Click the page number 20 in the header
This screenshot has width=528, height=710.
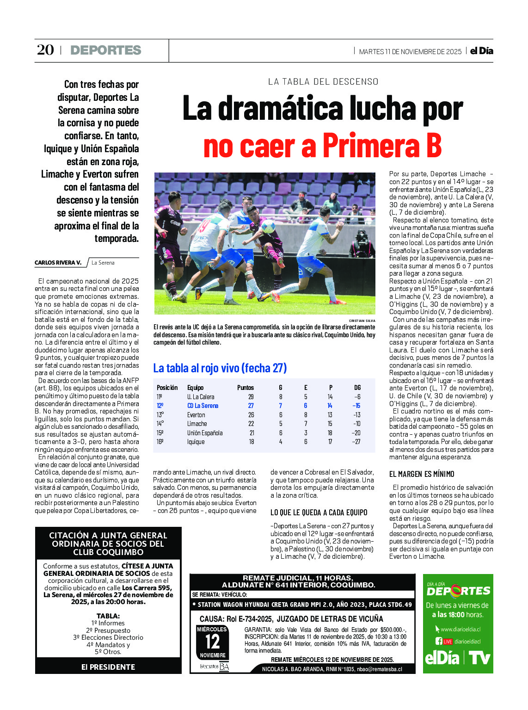click(x=45, y=50)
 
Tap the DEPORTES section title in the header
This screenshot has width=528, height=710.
click(x=106, y=50)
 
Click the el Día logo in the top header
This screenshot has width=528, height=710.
click(x=481, y=51)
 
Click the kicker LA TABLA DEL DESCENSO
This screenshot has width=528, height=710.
click(x=323, y=82)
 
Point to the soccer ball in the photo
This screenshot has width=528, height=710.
click(x=268, y=227)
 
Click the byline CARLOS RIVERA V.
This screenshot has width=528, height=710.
click(x=58, y=263)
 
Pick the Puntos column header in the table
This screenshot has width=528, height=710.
click(x=246, y=388)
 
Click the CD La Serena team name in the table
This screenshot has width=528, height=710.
click(x=203, y=406)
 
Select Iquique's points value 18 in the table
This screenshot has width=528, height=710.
click(x=251, y=442)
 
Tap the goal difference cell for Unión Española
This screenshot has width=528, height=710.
click(x=356, y=433)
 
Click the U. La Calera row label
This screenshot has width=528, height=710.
click(x=201, y=397)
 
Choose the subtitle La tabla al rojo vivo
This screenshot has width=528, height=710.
click(x=220, y=368)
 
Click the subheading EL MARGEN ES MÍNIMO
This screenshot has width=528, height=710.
click(x=422, y=474)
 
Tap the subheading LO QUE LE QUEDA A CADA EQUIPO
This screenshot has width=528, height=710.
click(x=319, y=512)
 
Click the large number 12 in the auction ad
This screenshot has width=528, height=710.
click(x=213, y=642)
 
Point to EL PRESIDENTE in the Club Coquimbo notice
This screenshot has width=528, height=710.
click(x=108, y=667)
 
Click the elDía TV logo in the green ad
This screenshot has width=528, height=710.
click(x=458, y=658)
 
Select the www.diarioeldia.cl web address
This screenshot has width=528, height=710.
click(x=460, y=629)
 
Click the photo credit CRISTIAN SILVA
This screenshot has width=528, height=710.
click(x=362, y=321)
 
